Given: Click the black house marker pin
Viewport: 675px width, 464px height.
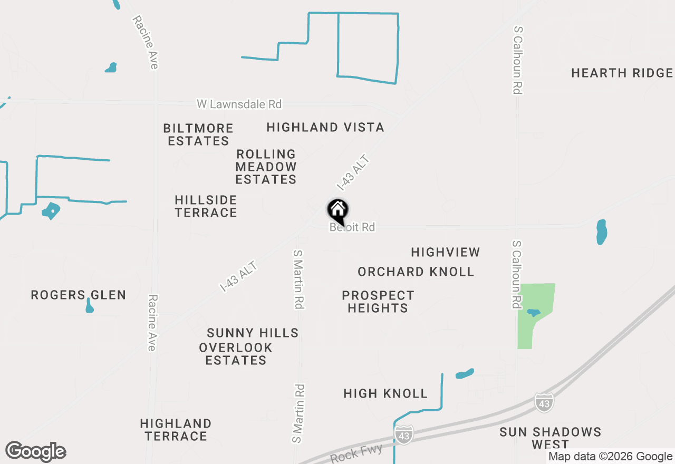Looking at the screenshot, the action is point(338,211).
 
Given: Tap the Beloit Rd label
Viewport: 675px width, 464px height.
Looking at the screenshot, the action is point(352,227).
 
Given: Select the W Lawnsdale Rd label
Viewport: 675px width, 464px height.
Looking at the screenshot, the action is point(239,104).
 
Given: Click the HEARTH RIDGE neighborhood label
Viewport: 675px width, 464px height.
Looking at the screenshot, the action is point(622,73).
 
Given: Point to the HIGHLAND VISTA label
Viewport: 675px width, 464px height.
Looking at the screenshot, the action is point(325,128).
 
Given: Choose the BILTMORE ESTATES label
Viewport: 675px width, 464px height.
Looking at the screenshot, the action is point(198,135).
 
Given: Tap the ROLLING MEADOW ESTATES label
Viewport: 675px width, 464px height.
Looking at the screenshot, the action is point(266,167).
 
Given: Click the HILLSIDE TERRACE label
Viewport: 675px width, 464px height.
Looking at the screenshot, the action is point(206,207).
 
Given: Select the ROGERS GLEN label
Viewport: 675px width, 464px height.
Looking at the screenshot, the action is point(78,295).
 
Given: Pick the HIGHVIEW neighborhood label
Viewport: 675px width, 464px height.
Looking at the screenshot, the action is point(446,253).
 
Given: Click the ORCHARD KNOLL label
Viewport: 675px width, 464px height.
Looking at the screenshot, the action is point(416,272).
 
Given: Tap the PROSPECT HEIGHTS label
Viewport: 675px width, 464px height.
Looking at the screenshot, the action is point(378,302).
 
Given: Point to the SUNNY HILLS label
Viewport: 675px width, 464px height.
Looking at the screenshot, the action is point(253,333).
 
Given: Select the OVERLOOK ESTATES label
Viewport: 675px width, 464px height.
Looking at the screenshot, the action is point(236,354).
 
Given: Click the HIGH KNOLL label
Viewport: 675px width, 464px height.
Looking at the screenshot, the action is point(385,394).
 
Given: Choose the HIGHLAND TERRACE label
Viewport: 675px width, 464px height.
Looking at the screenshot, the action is point(176,430).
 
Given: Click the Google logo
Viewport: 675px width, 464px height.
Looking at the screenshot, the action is point(35,451).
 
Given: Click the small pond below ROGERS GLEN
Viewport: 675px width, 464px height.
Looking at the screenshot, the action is point(90,306).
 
